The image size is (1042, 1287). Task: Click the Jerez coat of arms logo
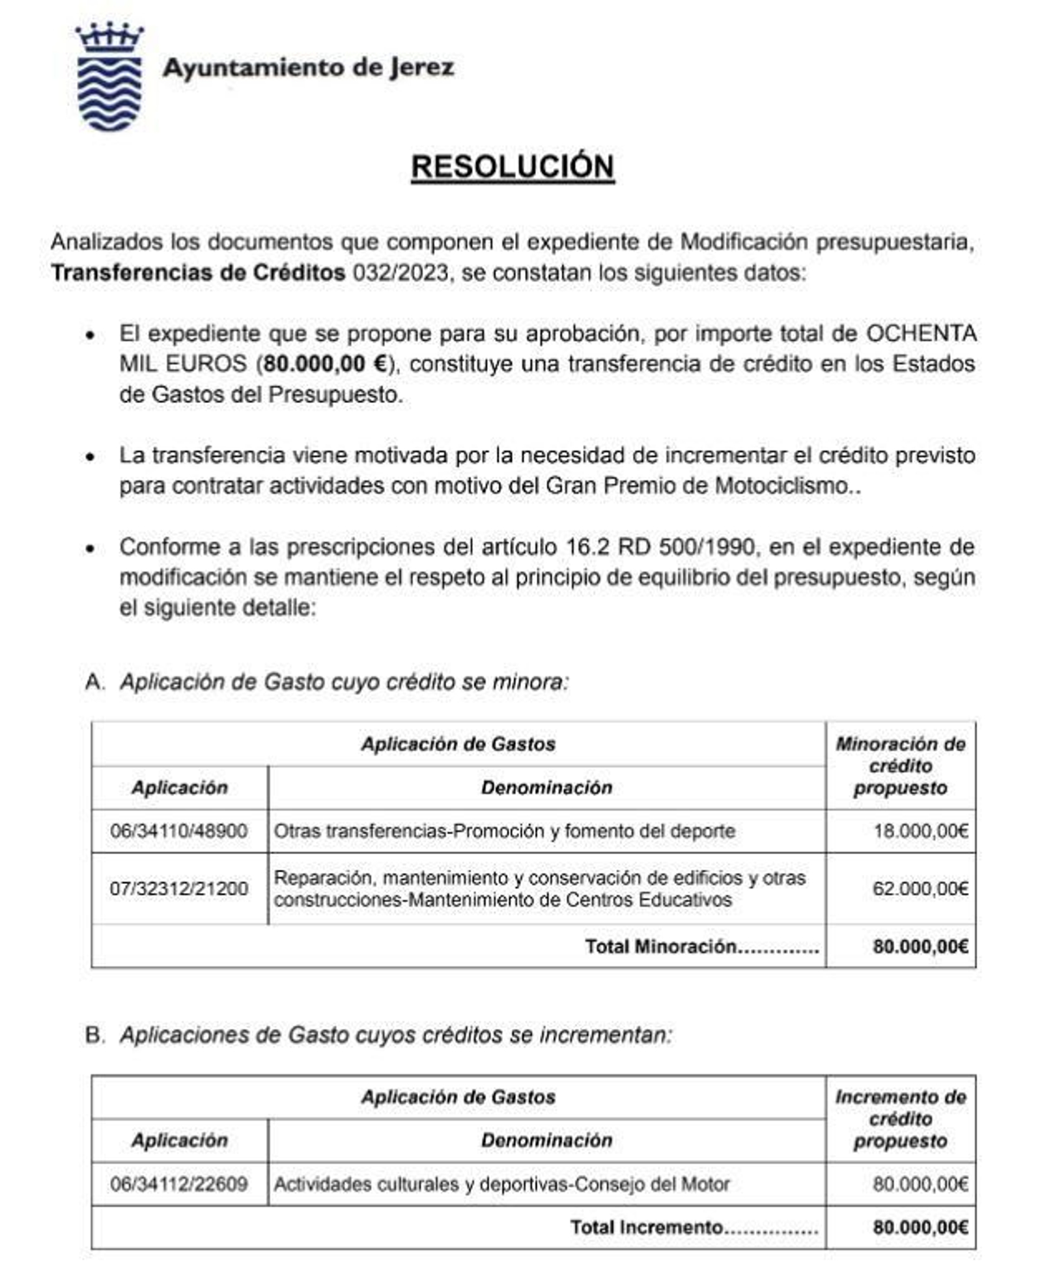[x=109, y=77]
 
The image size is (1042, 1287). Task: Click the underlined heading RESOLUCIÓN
[x=512, y=167]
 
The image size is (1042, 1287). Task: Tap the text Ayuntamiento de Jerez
[x=308, y=68]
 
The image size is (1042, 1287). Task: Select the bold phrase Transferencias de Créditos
[x=198, y=273]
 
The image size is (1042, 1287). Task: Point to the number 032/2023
[x=401, y=273]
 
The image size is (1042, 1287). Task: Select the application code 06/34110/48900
[x=178, y=831]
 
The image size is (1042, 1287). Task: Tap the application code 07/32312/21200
[x=178, y=889]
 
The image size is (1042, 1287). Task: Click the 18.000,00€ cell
[x=920, y=831]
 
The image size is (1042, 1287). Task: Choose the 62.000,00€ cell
[x=920, y=889]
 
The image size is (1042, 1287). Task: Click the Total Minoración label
[x=701, y=946]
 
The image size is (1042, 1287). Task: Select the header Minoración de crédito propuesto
[x=900, y=766]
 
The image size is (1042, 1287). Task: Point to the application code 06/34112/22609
[x=178, y=1183]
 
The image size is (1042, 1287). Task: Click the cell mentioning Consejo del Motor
[x=501, y=1183]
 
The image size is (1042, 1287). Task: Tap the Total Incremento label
[x=694, y=1227]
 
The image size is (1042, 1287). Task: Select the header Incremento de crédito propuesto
[x=900, y=1118]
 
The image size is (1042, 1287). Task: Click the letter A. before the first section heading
[x=94, y=682]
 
